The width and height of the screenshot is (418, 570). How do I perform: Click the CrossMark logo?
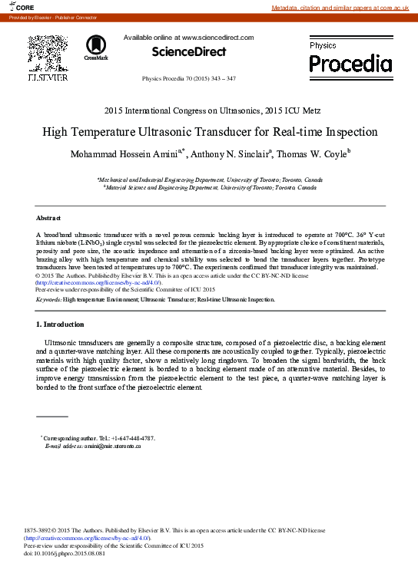tap(96, 47)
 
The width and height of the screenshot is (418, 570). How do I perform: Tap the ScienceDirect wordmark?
tap(189, 52)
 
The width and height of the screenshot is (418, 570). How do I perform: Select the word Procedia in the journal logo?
tap(350, 62)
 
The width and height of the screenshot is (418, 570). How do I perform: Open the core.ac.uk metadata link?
tap(344, 7)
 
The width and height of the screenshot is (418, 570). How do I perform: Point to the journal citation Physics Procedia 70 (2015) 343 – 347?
tap(189, 79)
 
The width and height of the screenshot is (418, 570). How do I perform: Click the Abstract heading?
tap(48, 219)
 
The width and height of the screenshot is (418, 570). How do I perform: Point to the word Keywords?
tap(48, 300)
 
